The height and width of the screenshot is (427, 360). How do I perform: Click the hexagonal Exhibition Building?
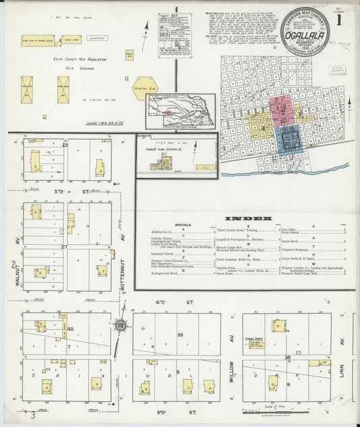click(145, 89)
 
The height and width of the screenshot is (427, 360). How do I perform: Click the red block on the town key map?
click(282, 111)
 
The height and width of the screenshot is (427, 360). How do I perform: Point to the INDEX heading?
click(248, 218)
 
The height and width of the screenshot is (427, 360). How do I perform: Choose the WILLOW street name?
click(231, 366)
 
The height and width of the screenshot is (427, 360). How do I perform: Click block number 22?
click(66, 145)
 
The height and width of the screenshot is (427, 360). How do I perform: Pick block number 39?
click(180, 335)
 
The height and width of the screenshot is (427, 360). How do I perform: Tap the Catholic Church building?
click(278, 325)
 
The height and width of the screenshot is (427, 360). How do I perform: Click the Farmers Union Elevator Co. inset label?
click(161, 151)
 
